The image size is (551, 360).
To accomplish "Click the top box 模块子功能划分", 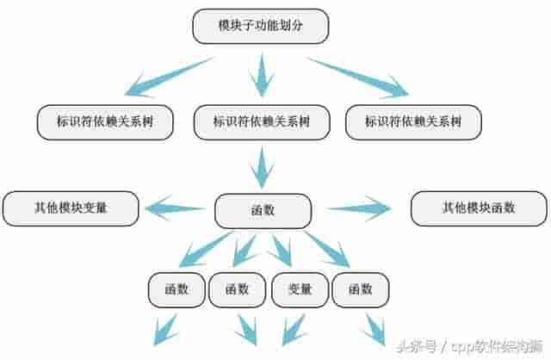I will tap(260, 26).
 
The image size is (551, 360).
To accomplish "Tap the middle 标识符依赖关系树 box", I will tap(261, 122).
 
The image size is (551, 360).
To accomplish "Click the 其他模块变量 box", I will tap(71, 208).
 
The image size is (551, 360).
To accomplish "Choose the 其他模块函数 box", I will tap(479, 208).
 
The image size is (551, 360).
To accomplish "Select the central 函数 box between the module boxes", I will tap(262, 210).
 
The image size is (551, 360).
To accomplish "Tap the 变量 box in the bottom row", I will tap(298, 289).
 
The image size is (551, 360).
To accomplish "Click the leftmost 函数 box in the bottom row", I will tap(176, 289).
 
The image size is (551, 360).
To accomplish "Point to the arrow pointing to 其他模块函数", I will tap(359, 208).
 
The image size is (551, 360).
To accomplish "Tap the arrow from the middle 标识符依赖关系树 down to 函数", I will tap(262, 164).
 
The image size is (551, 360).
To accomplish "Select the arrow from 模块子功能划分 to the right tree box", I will tap(357, 75).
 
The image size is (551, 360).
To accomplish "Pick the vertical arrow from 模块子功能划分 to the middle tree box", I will tap(261, 74).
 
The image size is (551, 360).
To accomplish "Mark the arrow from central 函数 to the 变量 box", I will tap(280, 251).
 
